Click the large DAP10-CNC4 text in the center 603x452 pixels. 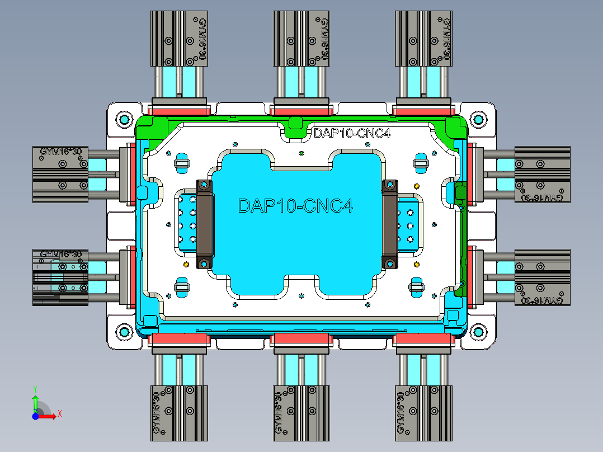tap(295, 205)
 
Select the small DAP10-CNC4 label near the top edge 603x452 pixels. tap(351, 133)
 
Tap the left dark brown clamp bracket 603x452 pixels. tap(204, 224)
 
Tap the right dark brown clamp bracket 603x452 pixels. tap(389, 224)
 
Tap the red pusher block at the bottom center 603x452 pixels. tap(301, 339)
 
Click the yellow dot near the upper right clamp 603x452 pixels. tap(416, 186)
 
